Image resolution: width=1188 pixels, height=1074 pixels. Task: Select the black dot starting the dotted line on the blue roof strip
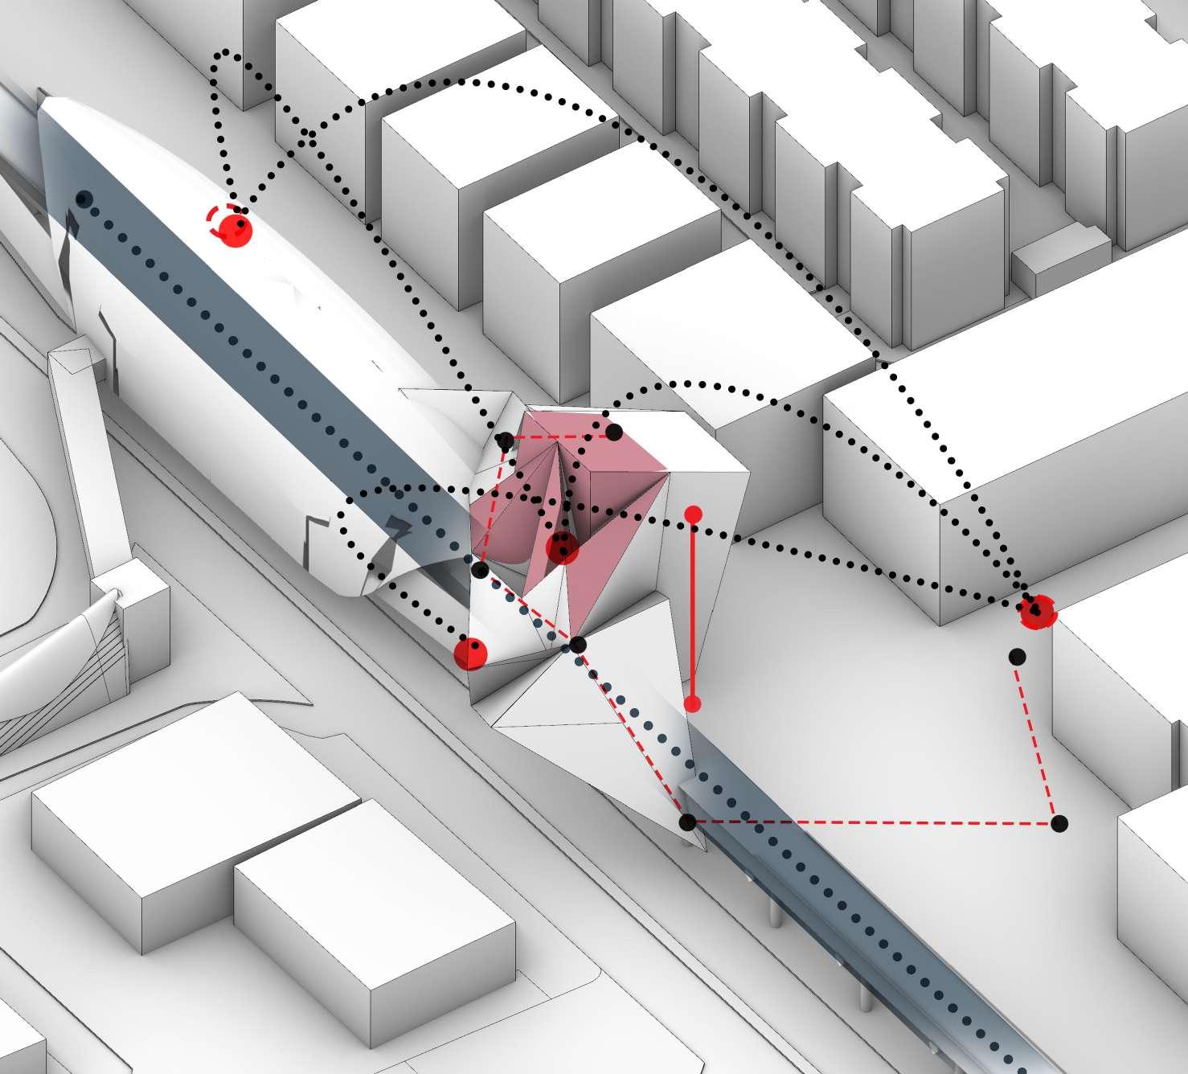(x=83, y=199)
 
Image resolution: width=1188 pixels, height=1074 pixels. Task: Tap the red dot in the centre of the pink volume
(x=562, y=549)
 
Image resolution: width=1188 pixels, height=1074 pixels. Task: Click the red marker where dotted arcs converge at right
(x=1038, y=613)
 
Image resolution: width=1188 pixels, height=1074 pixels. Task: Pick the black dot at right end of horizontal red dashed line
(x=1059, y=822)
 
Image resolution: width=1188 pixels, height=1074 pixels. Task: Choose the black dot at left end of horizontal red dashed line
(x=688, y=822)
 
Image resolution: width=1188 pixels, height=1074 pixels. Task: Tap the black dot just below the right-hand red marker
(x=1018, y=656)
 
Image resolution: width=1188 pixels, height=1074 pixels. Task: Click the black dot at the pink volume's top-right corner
(x=613, y=432)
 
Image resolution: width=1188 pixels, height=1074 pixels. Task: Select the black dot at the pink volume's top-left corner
(x=505, y=441)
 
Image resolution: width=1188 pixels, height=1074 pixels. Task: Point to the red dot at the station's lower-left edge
(x=470, y=653)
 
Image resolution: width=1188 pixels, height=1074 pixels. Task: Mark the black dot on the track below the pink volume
(x=578, y=645)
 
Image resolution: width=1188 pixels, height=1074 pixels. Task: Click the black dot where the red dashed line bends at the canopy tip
(x=480, y=571)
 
